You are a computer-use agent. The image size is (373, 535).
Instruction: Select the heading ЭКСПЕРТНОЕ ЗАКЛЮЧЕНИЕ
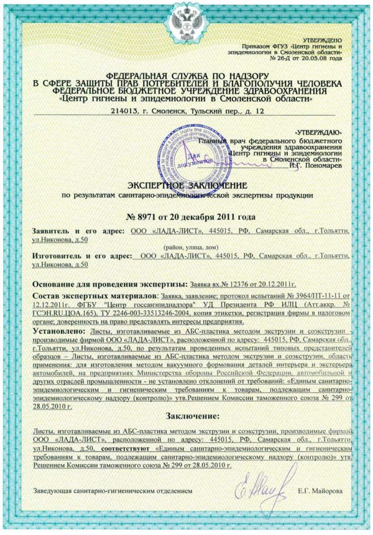click(186, 185)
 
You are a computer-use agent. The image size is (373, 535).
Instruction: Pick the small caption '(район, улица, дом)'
click(186, 247)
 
